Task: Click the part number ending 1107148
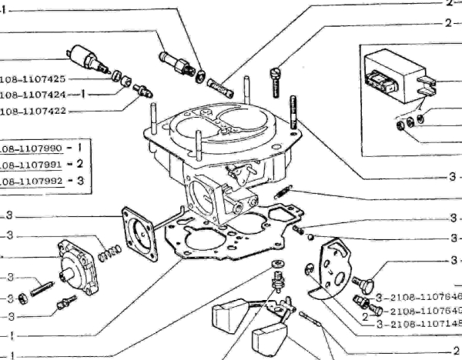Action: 420,322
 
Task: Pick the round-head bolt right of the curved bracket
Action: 367,269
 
